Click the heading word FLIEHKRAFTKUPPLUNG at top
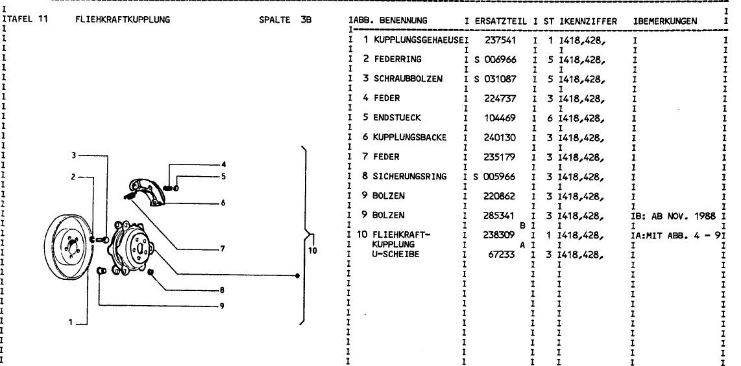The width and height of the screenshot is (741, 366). (123, 20)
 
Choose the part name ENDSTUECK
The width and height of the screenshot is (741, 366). (397, 118)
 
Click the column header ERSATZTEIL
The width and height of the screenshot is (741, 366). (499, 21)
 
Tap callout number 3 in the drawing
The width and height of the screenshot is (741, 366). (74, 155)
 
